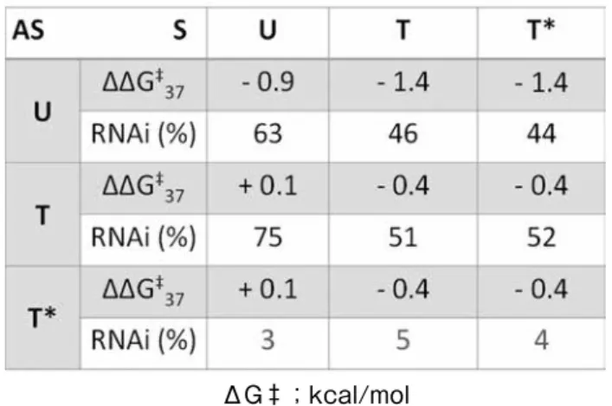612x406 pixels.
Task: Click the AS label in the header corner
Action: (x=29, y=30)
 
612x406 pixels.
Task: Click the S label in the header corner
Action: (x=180, y=30)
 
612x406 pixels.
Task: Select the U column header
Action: (x=267, y=30)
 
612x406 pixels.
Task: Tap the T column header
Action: (x=403, y=30)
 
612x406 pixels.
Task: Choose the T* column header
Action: (x=541, y=29)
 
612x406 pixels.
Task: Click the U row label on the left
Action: (x=42, y=112)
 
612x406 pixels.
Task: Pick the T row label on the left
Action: (x=42, y=216)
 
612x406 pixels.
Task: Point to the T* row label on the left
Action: (x=42, y=318)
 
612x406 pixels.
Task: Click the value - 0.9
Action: (x=267, y=83)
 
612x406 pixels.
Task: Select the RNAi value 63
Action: (x=267, y=134)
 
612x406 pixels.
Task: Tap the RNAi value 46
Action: (x=403, y=134)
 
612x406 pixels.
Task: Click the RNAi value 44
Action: (x=541, y=134)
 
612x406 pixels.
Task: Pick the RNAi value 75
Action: (x=267, y=237)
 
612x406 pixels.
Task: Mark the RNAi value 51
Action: (x=403, y=237)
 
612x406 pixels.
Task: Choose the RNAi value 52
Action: (x=541, y=237)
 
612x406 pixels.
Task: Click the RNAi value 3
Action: (x=267, y=340)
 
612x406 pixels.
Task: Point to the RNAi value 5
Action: (x=403, y=340)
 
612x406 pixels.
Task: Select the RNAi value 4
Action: (x=541, y=340)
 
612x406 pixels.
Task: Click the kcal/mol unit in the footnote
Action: (x=359, y=395)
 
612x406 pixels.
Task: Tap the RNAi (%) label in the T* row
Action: (x=143, y=340)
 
